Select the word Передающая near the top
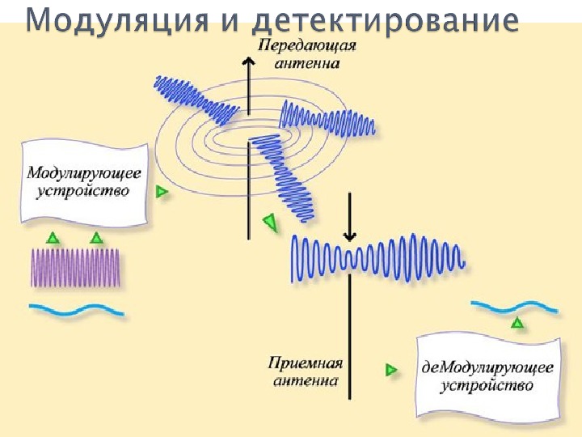coord(307,46)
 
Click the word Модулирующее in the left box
coord(84,174)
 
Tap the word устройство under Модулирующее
coord(84,193)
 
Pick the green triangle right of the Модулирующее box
coord(162,192)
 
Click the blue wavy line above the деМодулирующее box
coord(514,307)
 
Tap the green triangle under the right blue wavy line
coord(517,323)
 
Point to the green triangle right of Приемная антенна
coord(391,370)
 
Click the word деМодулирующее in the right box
coord(487,367)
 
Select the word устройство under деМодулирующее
coord(487,385)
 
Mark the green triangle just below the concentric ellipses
coord(270,220)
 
